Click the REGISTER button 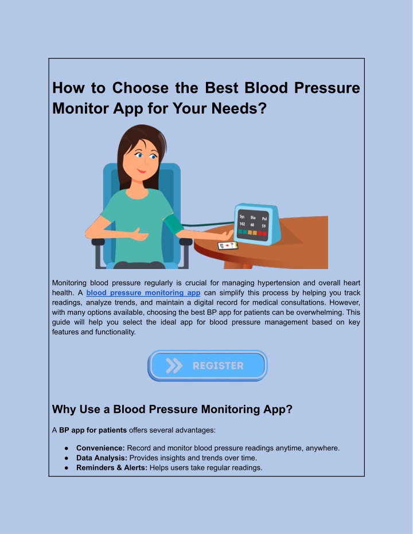(207, 365)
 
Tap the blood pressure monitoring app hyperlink (143, 293)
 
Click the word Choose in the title (141, 88)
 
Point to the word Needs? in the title (239, 108)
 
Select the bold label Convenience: (100, 448)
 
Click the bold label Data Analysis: (102, 458)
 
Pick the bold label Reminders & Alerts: (112, 467)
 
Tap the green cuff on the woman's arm (174, 224)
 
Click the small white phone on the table (228, 245)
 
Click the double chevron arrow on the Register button (174, 365)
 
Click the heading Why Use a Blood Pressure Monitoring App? (172, 409)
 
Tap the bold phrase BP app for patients (92, 430)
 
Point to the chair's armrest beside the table (185, 242)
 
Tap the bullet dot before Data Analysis (67, 458)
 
